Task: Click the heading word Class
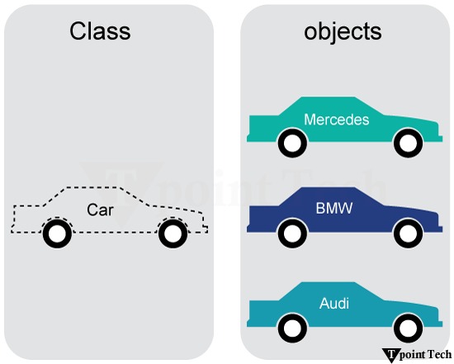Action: pyautogui.click(x=100, y=31)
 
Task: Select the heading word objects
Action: pyautogui.click(x=343, y=31)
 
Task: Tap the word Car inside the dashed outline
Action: pyautogui.click(x=100, y=210)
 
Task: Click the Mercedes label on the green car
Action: pyautogui.click(x=336, y=120)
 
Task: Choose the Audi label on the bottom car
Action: pyautogui.click(x=334, y=303)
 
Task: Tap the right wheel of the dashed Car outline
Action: pyautogui.click(x=172, y=234)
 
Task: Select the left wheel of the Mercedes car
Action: pyautogui.click(x=291, y=144)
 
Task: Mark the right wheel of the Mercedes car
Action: pyautogui.click(x=406, y=144)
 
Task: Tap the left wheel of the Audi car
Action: pyautogui.click(x=291, y=328)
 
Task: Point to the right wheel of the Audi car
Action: pyautogui.click(x=406, y=328)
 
